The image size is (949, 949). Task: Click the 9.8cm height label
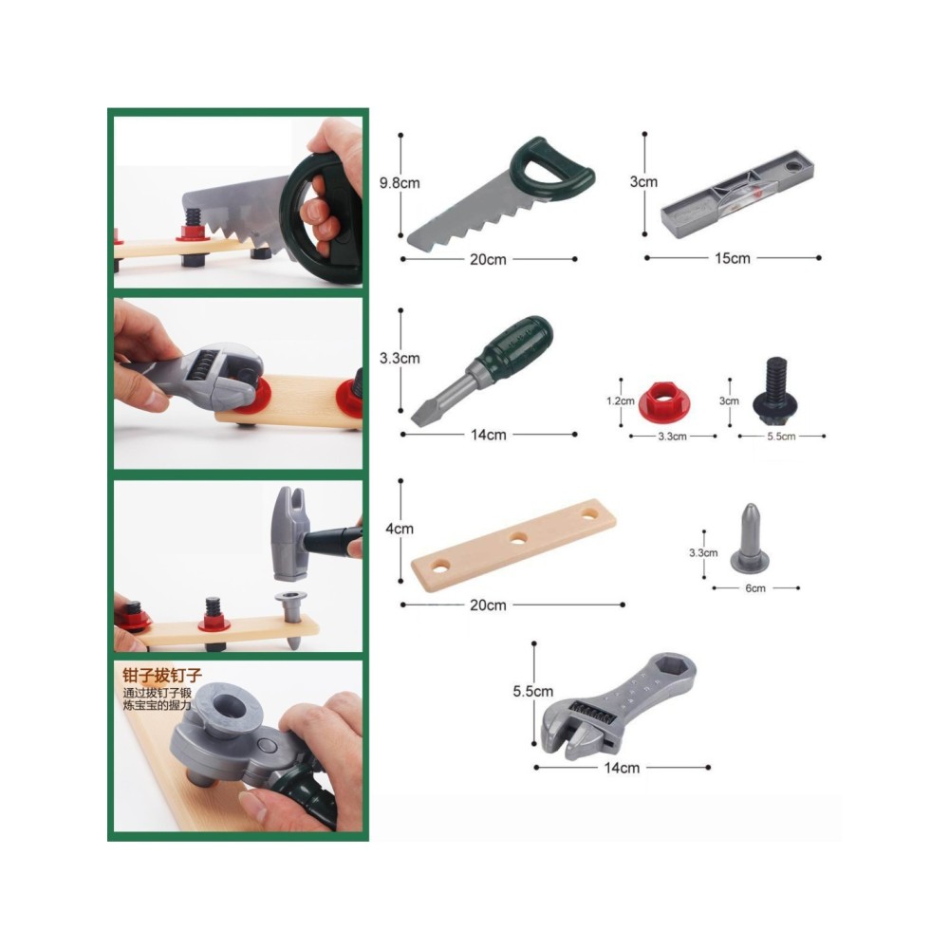(400, 183)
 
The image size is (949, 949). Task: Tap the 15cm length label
(733, 258)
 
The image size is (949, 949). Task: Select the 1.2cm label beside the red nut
(621, 401)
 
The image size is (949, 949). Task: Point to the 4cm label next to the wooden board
(400, 529)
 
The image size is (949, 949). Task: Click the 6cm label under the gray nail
(755, 588)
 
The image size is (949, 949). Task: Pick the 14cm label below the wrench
(622, 768)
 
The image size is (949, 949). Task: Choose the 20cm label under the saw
(488, 260)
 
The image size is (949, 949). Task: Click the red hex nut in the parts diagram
(664, 402)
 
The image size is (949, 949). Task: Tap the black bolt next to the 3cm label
(775, 392)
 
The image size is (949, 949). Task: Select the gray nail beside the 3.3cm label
(750, 539)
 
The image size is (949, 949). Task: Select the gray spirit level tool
(737, 194)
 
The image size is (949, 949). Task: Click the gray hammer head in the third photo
(289, 533)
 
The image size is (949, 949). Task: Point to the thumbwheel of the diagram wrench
(594, 715)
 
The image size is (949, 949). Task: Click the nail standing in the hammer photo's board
(291, 619)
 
